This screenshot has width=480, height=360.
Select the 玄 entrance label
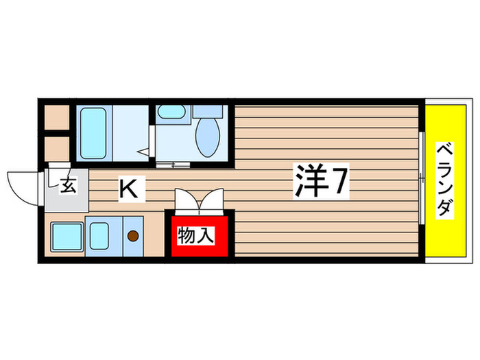[68, 185]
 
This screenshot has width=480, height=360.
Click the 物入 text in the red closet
[196, 236]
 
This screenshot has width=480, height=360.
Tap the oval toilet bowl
[206, 136]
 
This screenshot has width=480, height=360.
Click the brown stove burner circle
[133, 237]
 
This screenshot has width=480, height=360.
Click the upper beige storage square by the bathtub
[56, 117]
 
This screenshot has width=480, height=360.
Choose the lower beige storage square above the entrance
[56, 148]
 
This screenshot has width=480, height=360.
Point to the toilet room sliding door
[174, 164]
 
